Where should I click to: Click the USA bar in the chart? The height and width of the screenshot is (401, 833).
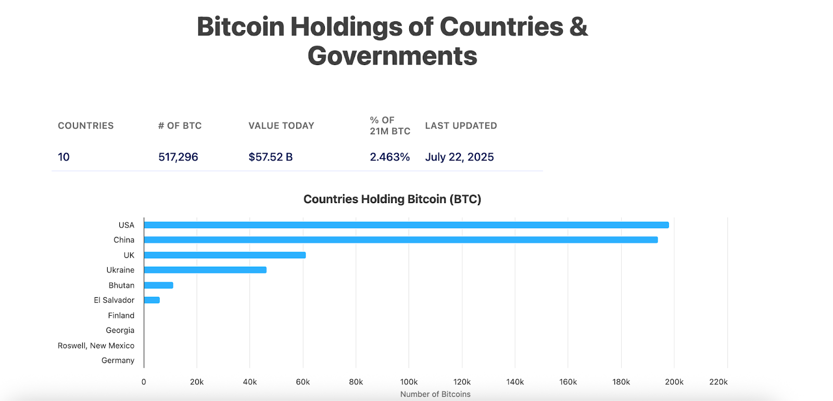click(x=406, y=225)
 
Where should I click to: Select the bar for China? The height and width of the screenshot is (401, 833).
click(x=401, y=240)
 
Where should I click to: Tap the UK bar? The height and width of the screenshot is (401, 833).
click(x=225, y=255)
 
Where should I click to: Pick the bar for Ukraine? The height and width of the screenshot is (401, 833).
click(x=205, y=270)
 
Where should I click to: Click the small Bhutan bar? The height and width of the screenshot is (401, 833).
click(x=159, y=285)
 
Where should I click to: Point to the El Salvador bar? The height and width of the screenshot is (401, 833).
click(x=152, y=300)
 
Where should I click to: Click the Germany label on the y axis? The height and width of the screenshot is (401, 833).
click(x=118, y=360)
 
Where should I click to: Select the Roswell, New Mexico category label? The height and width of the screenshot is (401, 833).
click(x=96, y=346)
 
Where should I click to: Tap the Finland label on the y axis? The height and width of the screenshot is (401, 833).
click(x=121, y=316)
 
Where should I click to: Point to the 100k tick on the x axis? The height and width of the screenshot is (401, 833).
click(x=409, y=382)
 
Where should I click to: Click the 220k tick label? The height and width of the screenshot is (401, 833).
click(x=718, y=382)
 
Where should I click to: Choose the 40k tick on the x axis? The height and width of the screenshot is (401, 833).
click(x=250, y=382)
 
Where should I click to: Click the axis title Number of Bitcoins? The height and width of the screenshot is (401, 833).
click(x=435, y=394)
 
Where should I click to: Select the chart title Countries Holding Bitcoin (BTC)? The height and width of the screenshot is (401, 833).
click(x=392, y=199)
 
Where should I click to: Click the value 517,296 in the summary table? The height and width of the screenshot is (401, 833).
click(x=178, y=157)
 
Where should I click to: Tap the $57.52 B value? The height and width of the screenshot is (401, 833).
click(x=270, y=157)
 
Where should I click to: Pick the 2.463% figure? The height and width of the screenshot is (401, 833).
click(x=389, y=157)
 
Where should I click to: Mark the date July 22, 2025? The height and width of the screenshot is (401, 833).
click(x=459, y=157)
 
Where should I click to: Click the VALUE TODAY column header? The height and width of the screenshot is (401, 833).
click(x=281, y=126)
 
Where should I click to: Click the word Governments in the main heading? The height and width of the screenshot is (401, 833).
click(x=392, y=56)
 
